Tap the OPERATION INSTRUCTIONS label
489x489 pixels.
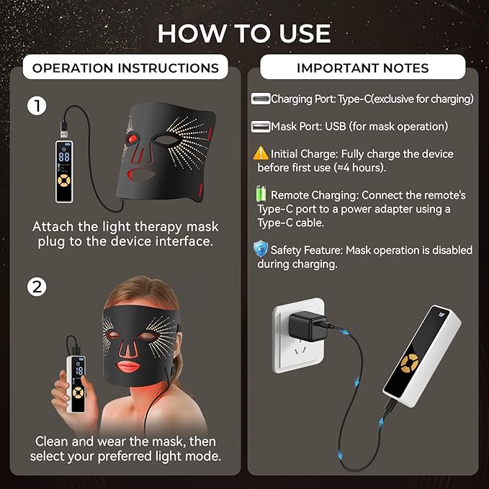pos(125,68)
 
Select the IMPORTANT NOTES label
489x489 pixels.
pos(362,68)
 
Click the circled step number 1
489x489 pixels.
pos(37,106)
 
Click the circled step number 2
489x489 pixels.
pos(37,287)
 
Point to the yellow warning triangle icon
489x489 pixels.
pos(260,153)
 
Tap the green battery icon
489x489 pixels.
pos(261,194)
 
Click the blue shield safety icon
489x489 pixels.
pos(261,249)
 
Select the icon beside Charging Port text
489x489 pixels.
pos(260,99)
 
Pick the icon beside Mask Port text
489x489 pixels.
pos(260,127)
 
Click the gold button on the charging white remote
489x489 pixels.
pos(412,366)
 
